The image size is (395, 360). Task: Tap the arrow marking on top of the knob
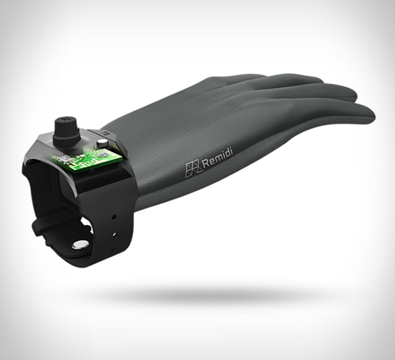[x=66, y=119]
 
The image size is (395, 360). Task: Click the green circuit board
[x=87, y=159]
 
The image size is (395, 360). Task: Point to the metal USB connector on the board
[x=62, y=159]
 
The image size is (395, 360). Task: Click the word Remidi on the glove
[x=217, y=158]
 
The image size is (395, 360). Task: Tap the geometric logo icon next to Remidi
[x=194, y=168]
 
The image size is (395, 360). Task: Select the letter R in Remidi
[x=205, y=164]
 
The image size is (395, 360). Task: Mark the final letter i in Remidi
[x=231, y=152]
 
